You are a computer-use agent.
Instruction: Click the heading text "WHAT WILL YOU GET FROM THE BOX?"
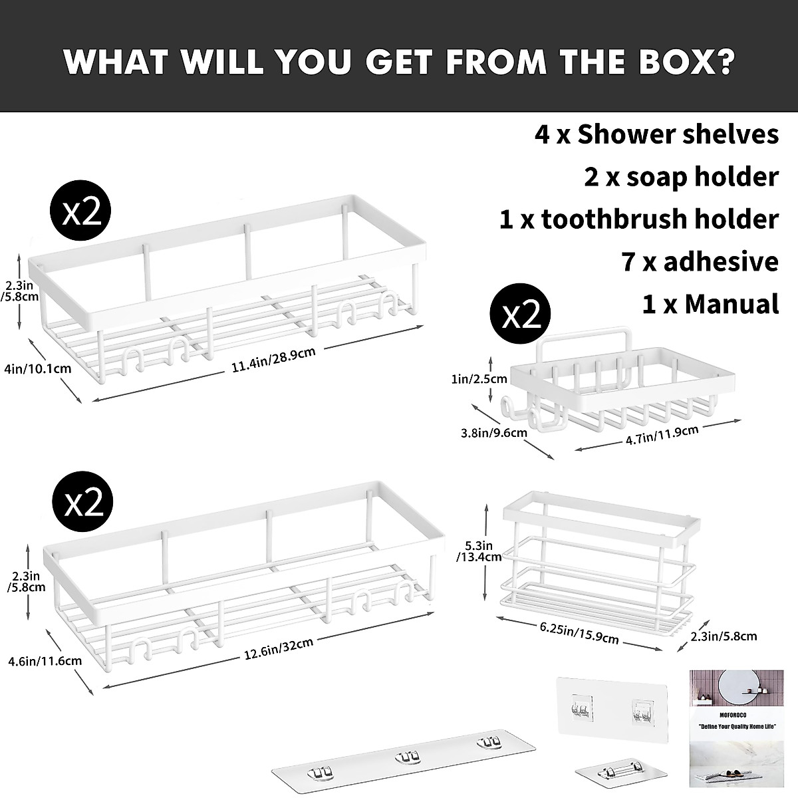399,61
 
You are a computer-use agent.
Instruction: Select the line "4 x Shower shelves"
656,134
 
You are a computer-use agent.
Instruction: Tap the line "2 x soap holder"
681,177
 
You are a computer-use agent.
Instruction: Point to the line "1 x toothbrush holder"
638,219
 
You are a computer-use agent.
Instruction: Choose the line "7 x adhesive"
700,262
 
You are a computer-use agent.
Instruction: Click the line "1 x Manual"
710,304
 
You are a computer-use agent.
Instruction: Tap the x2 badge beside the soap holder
521,316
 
